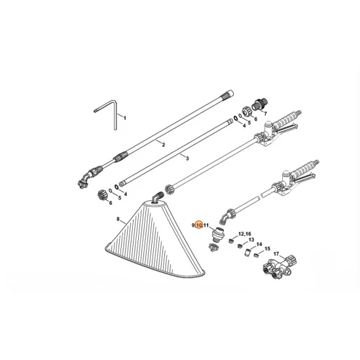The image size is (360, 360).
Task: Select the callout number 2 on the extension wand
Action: pos(163,144)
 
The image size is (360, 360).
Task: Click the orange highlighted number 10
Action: pos(200,225)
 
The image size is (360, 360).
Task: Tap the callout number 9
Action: pos(193,225)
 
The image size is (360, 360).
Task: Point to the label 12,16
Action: pos(244,234)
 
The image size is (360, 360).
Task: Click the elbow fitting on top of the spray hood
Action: pos(156,198)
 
